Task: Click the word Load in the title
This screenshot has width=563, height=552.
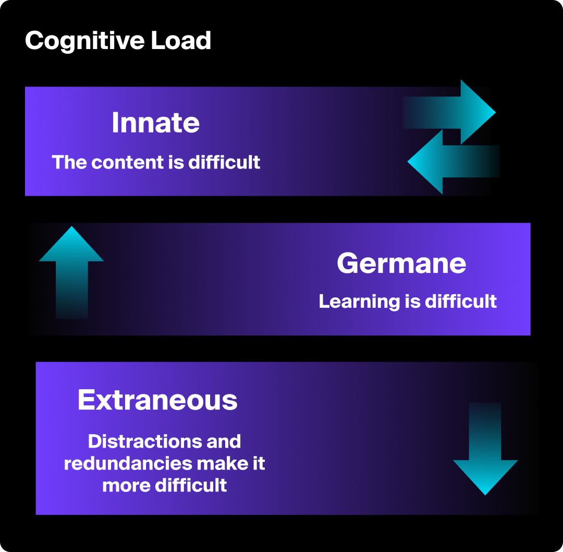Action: pyautogui.click(x=181, y=41)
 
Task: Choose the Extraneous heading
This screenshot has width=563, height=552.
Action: pyautogui.click(x=157, y=400)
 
